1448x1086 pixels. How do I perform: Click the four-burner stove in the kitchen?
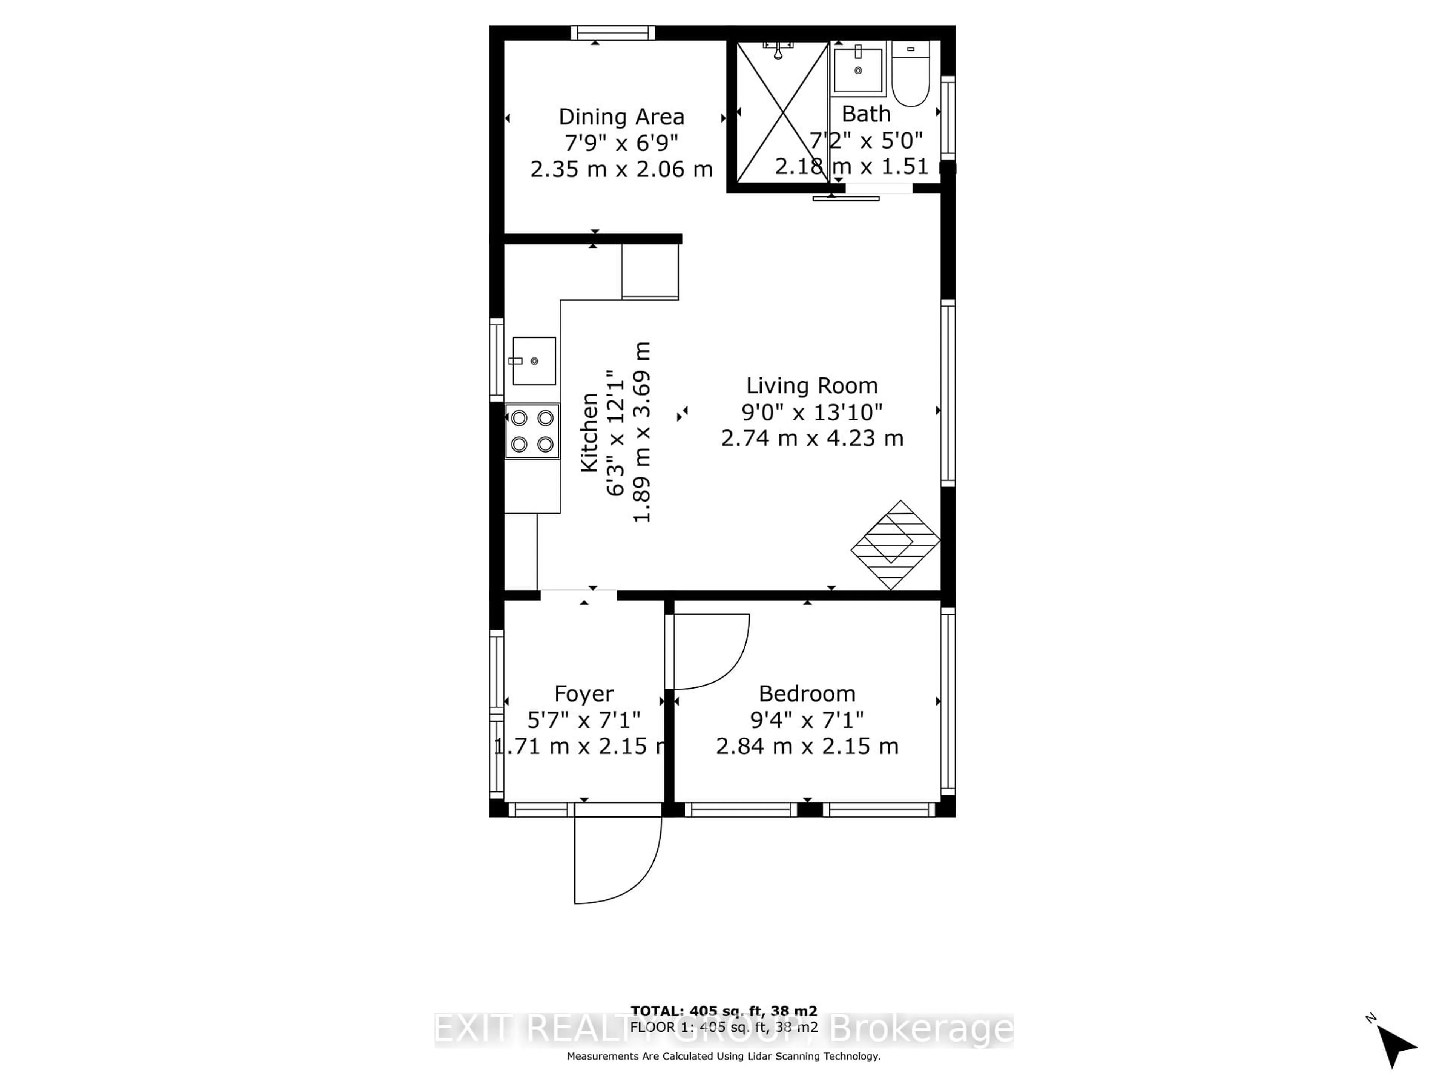pos(532,431)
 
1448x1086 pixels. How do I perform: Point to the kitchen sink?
pos(534,361)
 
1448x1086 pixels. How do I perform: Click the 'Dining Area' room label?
pos(621,117)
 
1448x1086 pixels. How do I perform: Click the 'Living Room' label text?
pos(812,385)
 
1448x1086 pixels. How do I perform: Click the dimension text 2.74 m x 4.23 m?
pos(812,438)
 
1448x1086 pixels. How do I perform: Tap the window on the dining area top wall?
pos(613,33)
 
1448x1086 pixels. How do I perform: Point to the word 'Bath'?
pos(866,114)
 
